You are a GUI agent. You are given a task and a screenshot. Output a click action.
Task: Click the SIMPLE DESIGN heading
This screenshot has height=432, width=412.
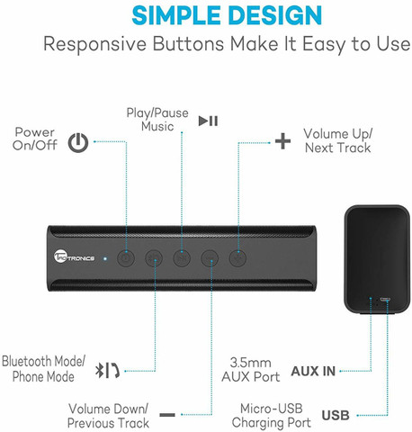227,15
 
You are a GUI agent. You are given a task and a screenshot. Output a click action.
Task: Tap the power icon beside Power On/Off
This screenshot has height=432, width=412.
78,143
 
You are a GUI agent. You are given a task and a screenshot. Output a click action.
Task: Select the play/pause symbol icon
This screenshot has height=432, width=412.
208,121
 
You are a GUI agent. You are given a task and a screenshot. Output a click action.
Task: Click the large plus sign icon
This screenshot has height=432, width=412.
282,141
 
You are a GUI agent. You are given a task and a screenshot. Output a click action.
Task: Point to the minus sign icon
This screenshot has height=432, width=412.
167,415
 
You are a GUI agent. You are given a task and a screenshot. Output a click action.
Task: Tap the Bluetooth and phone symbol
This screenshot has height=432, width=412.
107,370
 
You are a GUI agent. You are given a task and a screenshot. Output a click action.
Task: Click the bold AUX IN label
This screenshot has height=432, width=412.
313,372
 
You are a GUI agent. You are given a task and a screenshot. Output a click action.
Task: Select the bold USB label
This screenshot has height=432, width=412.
336,416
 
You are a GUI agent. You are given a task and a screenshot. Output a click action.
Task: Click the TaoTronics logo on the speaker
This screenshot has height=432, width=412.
74,257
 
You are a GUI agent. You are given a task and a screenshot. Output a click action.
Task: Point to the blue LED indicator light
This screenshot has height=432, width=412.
104,258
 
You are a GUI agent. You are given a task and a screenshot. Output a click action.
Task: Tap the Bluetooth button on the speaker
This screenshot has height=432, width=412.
154,258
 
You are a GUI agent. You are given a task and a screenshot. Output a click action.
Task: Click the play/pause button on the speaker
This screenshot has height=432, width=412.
182,258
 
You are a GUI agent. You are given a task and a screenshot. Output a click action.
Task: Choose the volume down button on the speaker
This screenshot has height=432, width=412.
210,258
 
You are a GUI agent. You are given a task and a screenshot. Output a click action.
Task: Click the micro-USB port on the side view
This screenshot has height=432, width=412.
385,300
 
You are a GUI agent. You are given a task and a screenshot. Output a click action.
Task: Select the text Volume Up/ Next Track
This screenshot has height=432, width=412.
337,140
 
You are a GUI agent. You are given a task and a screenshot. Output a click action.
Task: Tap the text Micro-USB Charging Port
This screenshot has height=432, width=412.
271,416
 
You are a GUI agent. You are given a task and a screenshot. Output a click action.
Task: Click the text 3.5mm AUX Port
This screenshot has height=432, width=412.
251,370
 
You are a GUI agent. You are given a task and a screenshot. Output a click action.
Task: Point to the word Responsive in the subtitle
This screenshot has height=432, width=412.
95,44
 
